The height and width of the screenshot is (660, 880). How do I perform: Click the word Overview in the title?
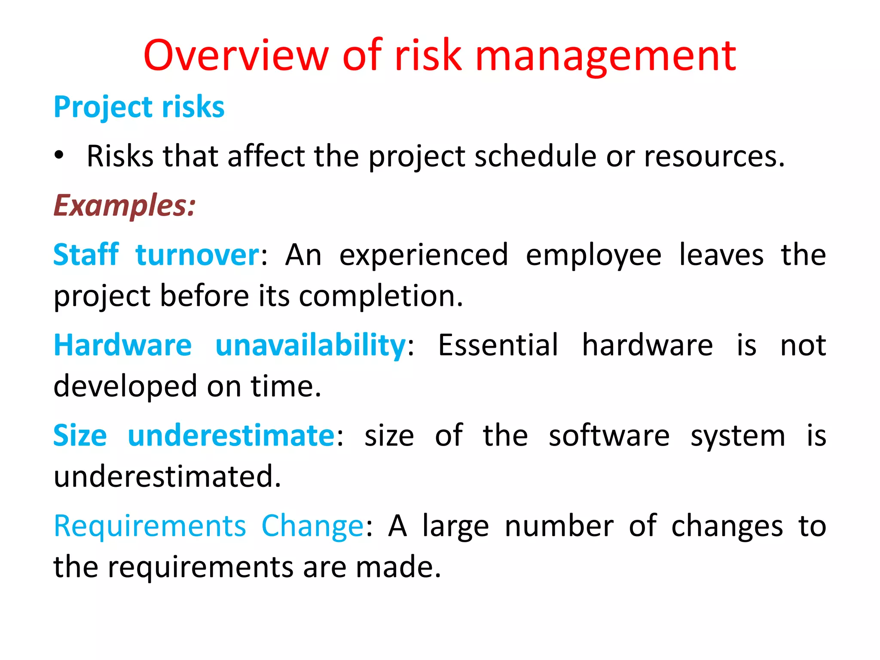pyautogui.click(x=236, y=55)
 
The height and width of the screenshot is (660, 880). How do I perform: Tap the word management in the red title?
pyautogui.click(x=605, y=56)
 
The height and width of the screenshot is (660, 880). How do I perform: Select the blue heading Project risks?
pyautogui.click(x=139, y=107)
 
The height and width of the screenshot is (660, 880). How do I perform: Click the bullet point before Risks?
pyautogui.click(x=59, y=155)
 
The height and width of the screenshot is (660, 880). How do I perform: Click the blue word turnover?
pyautogui.click(x=197, y=255)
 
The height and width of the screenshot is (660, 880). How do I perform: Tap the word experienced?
pyautogui.click(x=424, y=255)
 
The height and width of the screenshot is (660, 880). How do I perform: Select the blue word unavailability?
pyautogui.click(x=310, y=345)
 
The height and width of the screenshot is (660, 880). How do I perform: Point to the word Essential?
pyautogui.click(x=498, y=345)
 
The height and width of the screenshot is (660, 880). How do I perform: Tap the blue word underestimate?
pyautogui.click(x=231, y=435)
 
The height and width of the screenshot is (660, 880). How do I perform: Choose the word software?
pyautogui.click(x=609, y=435)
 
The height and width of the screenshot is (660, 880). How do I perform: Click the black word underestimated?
pyautogui.click(x=167, y=476)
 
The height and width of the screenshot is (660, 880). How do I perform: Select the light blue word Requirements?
pyautogui.click(x=150, y=526)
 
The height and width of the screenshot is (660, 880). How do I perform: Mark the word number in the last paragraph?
pyautogui.click(x=559, y=526)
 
